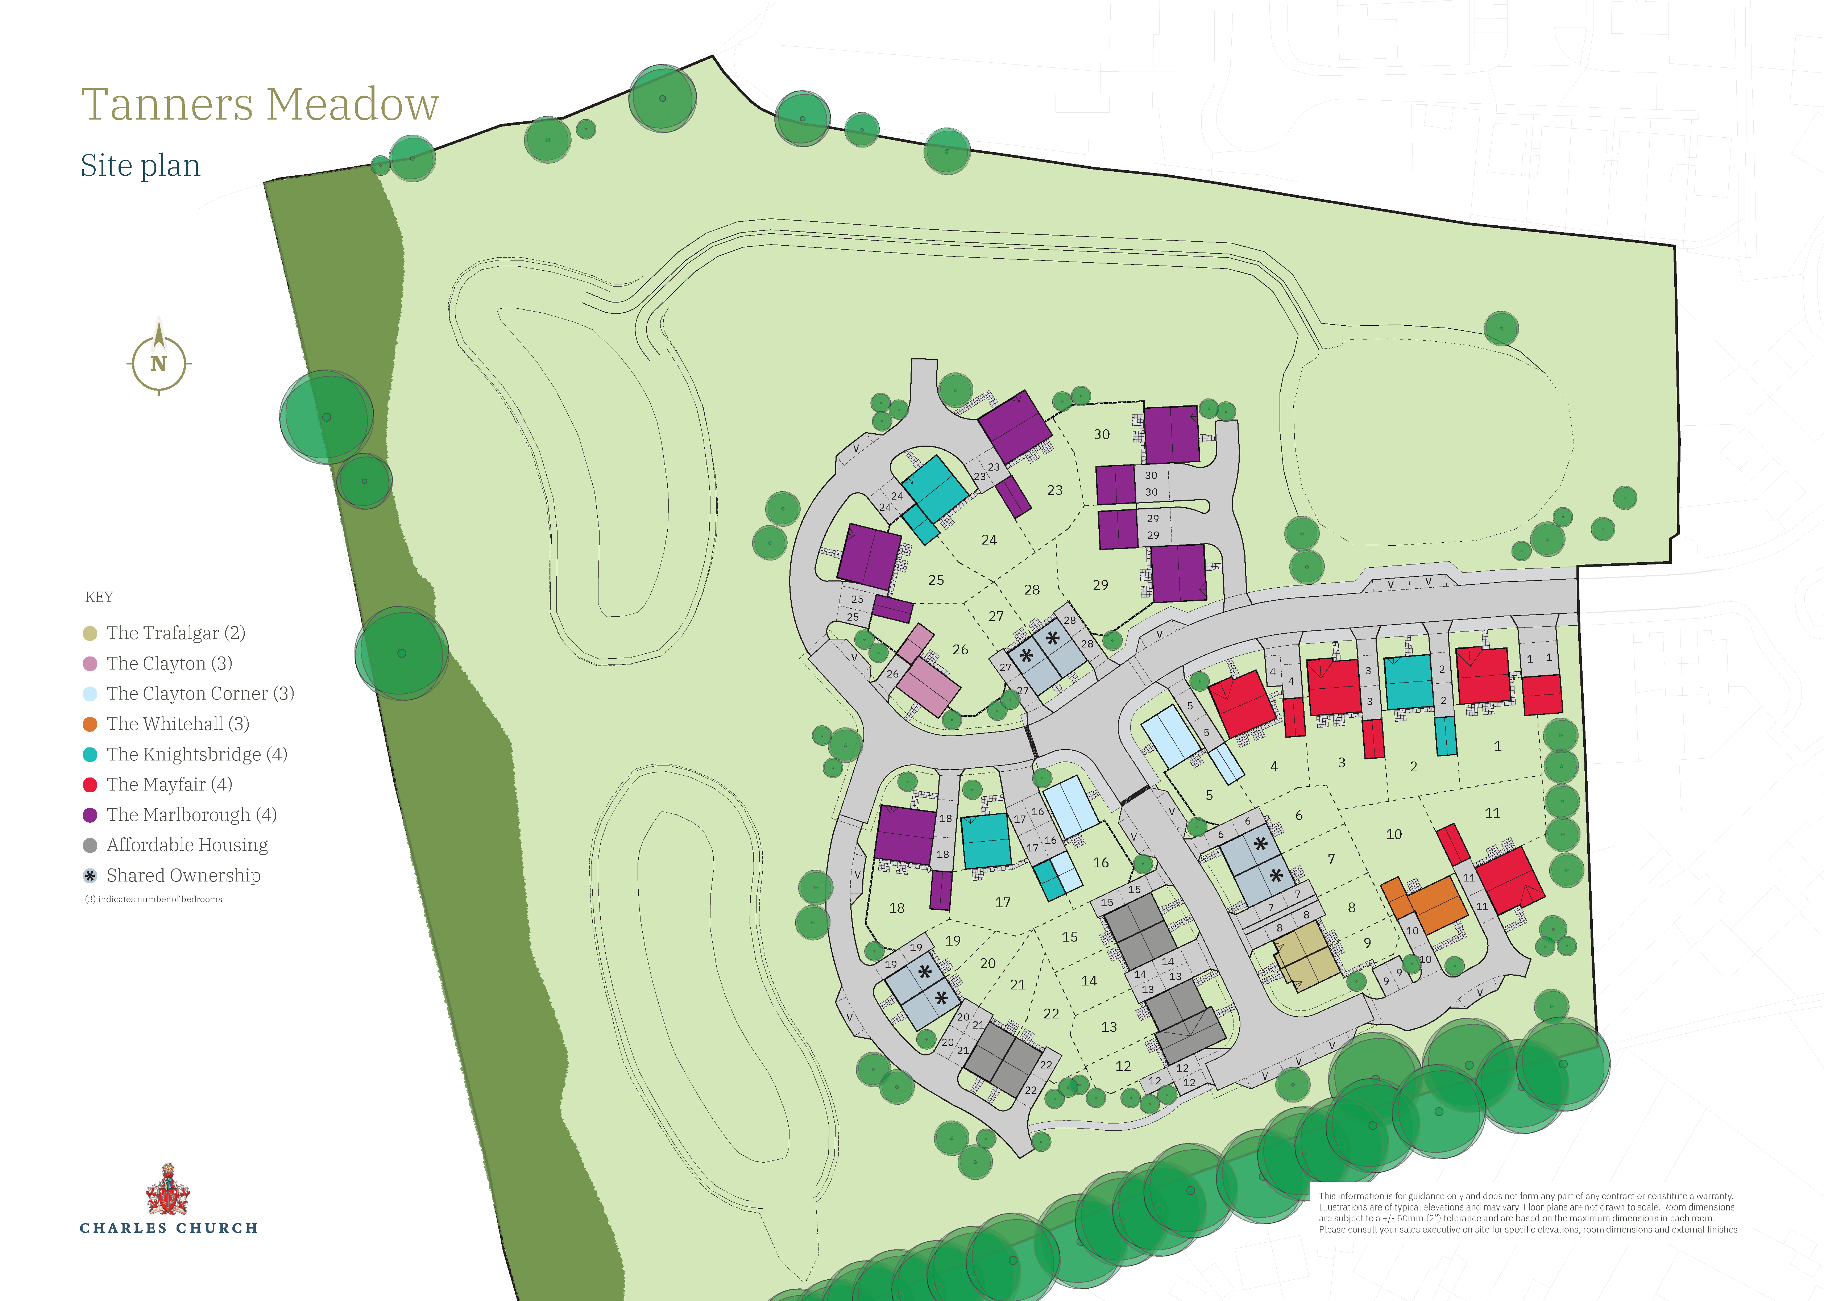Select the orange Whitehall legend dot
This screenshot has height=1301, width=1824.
click(x=90, y=724)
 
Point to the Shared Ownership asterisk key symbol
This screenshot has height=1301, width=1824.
click(x=90, y=876)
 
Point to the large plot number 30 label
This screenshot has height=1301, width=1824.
click(x=1102, y=434)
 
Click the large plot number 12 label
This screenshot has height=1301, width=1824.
click(x=1123, y=1066)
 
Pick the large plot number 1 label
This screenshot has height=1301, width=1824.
click(x=1497, y=746)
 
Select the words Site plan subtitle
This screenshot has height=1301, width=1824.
click(x=140, y=166)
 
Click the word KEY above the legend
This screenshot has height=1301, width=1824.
click(x=99, y=597)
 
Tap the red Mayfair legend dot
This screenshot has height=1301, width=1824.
click(x=90, y=785)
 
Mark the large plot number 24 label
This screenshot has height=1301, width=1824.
click(x=989, y=540)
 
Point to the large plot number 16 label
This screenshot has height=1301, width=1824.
click(x=1100, y=863)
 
